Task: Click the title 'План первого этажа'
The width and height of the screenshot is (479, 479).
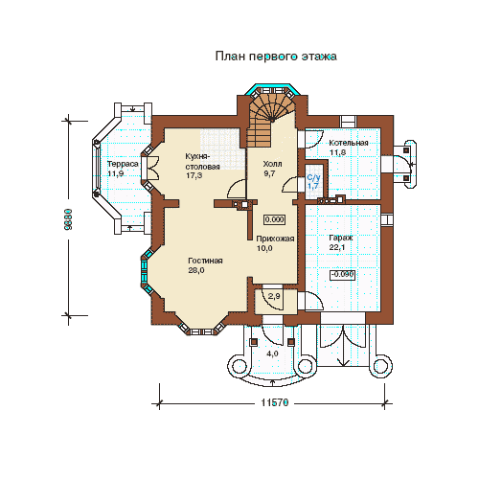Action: coord(276,57)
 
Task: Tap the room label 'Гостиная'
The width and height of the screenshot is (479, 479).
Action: coord(205,261)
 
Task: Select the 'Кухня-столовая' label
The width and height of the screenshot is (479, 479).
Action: coord(202,162)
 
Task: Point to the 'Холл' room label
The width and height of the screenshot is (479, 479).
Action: coord(272,164)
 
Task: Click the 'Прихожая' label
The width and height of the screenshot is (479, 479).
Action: coord(275,239)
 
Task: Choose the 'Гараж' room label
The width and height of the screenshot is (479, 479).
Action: coord(341,238)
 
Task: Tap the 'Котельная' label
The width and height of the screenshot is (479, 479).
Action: coord(349,143)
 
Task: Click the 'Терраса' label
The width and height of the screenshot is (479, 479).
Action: coord(123,164)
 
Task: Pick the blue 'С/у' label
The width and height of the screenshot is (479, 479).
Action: coord(313,177)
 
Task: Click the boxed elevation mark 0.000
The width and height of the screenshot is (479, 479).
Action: coord(275,219)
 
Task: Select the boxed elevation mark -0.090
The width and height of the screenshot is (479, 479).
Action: coord(342,275)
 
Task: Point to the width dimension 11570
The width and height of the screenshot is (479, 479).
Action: coord(275,402)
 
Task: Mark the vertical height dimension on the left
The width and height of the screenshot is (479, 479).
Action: coord(68,219)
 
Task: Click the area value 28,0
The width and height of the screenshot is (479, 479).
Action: coord(196,270)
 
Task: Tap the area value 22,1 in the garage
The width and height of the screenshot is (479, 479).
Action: coord(337,247)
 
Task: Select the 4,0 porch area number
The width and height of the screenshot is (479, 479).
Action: coord(272,354)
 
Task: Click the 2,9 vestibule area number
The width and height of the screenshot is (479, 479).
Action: coord(274,296)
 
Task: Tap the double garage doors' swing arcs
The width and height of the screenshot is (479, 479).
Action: coord(343,337)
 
